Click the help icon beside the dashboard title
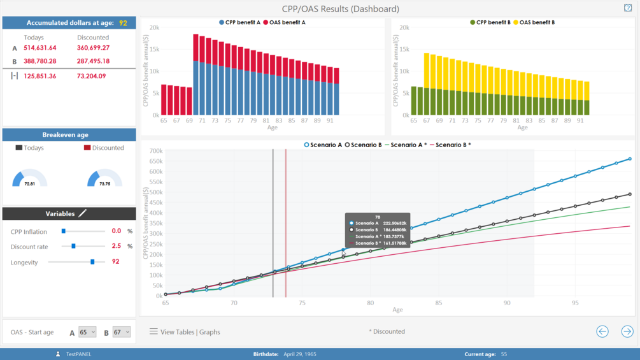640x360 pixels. click(x=627, y=8)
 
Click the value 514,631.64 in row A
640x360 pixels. click(x=40, y=48)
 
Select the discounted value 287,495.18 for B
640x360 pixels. click(x=93, y=61)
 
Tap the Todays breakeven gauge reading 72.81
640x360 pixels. click(x=29, y=184)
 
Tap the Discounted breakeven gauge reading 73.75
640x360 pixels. click(x=104, y=184)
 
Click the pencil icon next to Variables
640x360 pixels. click(x=82, y=213)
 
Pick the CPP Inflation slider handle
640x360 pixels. click(x=64, y=231)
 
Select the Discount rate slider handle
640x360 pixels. click(x=74, y=246)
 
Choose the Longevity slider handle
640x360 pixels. click(x=93, y=262)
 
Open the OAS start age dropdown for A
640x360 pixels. click(x=87, y=332)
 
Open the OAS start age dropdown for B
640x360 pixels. click(x=122, y=332)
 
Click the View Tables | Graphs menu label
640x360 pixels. click(x=190, y=332)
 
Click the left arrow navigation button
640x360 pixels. click(x=602, y=331)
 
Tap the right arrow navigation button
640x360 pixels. click(x=627, y=331)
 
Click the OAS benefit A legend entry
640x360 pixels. click(x=287, y=22)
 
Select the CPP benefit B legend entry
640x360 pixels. click(x=490, y=22)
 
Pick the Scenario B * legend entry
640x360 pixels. click(x=452, y=145)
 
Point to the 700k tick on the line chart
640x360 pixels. click(x=155, y=151)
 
